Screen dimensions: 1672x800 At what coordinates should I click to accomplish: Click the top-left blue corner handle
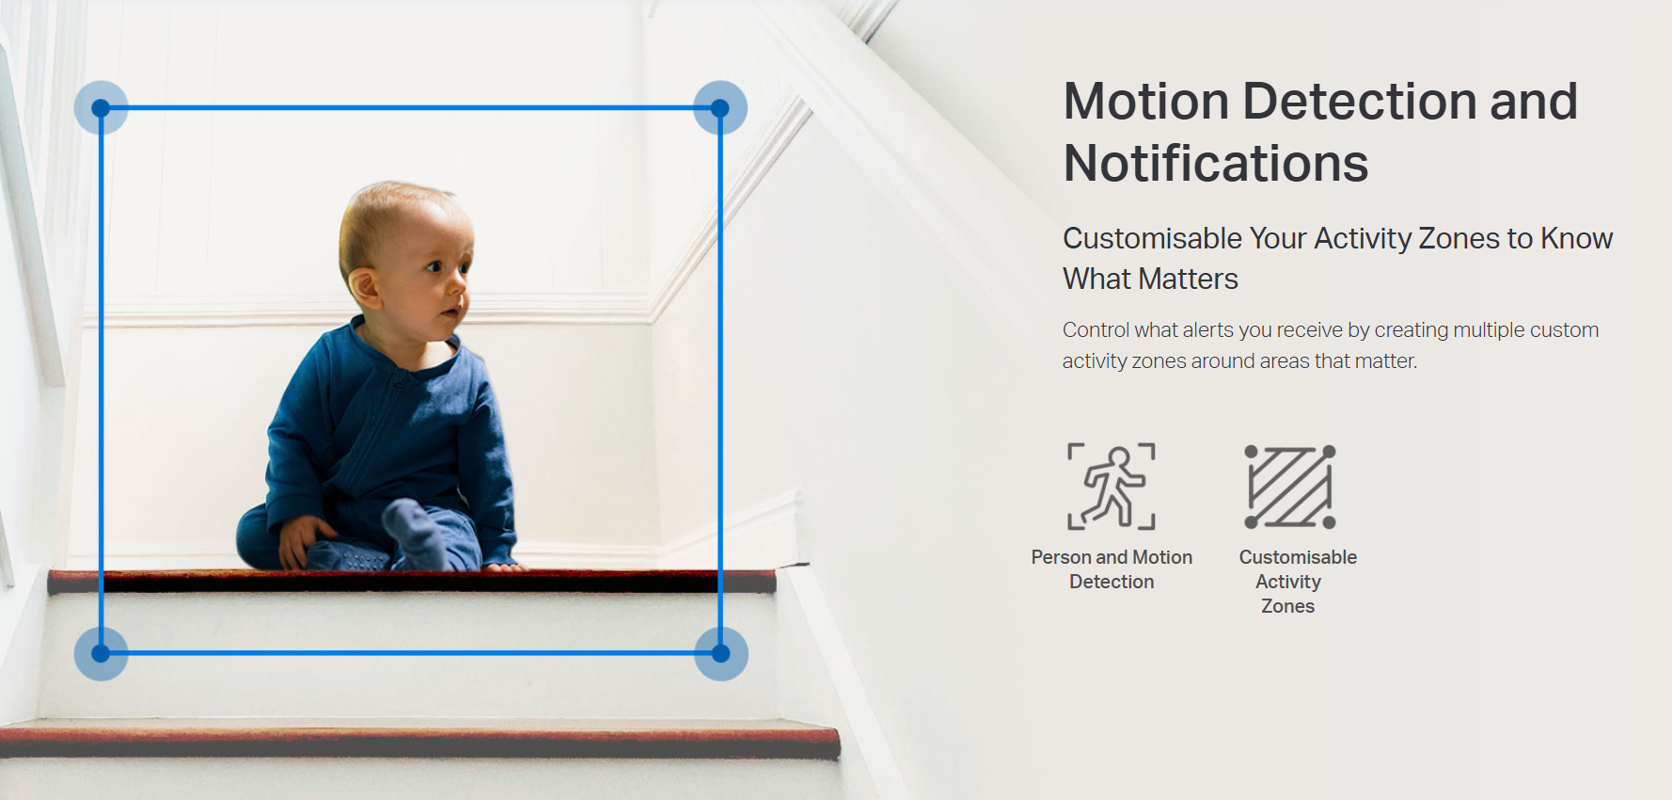point(101,107)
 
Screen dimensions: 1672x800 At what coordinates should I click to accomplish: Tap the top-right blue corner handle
point(720,107)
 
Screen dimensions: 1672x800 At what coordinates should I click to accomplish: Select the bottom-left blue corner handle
point(101,653)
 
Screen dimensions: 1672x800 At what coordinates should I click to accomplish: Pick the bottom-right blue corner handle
point(721,653)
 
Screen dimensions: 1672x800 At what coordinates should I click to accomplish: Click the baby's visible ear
point(363,287)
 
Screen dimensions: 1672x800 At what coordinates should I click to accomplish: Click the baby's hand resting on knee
point(299,539)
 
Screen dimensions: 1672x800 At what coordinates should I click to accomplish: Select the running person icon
point(1112,487)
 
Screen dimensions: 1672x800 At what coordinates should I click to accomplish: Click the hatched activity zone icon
point(1290,487)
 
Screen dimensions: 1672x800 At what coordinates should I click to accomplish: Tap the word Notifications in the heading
point(1216,163)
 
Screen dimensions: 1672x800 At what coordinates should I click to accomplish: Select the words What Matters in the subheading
point(1150,279)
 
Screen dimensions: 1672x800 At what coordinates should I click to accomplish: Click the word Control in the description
point(1096,329)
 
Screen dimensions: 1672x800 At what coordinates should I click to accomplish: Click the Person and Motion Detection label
point(1112,569)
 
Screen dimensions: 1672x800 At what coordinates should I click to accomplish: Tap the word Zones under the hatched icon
point(1288,606)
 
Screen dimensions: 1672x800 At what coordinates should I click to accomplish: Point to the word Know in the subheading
point(1577,238)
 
